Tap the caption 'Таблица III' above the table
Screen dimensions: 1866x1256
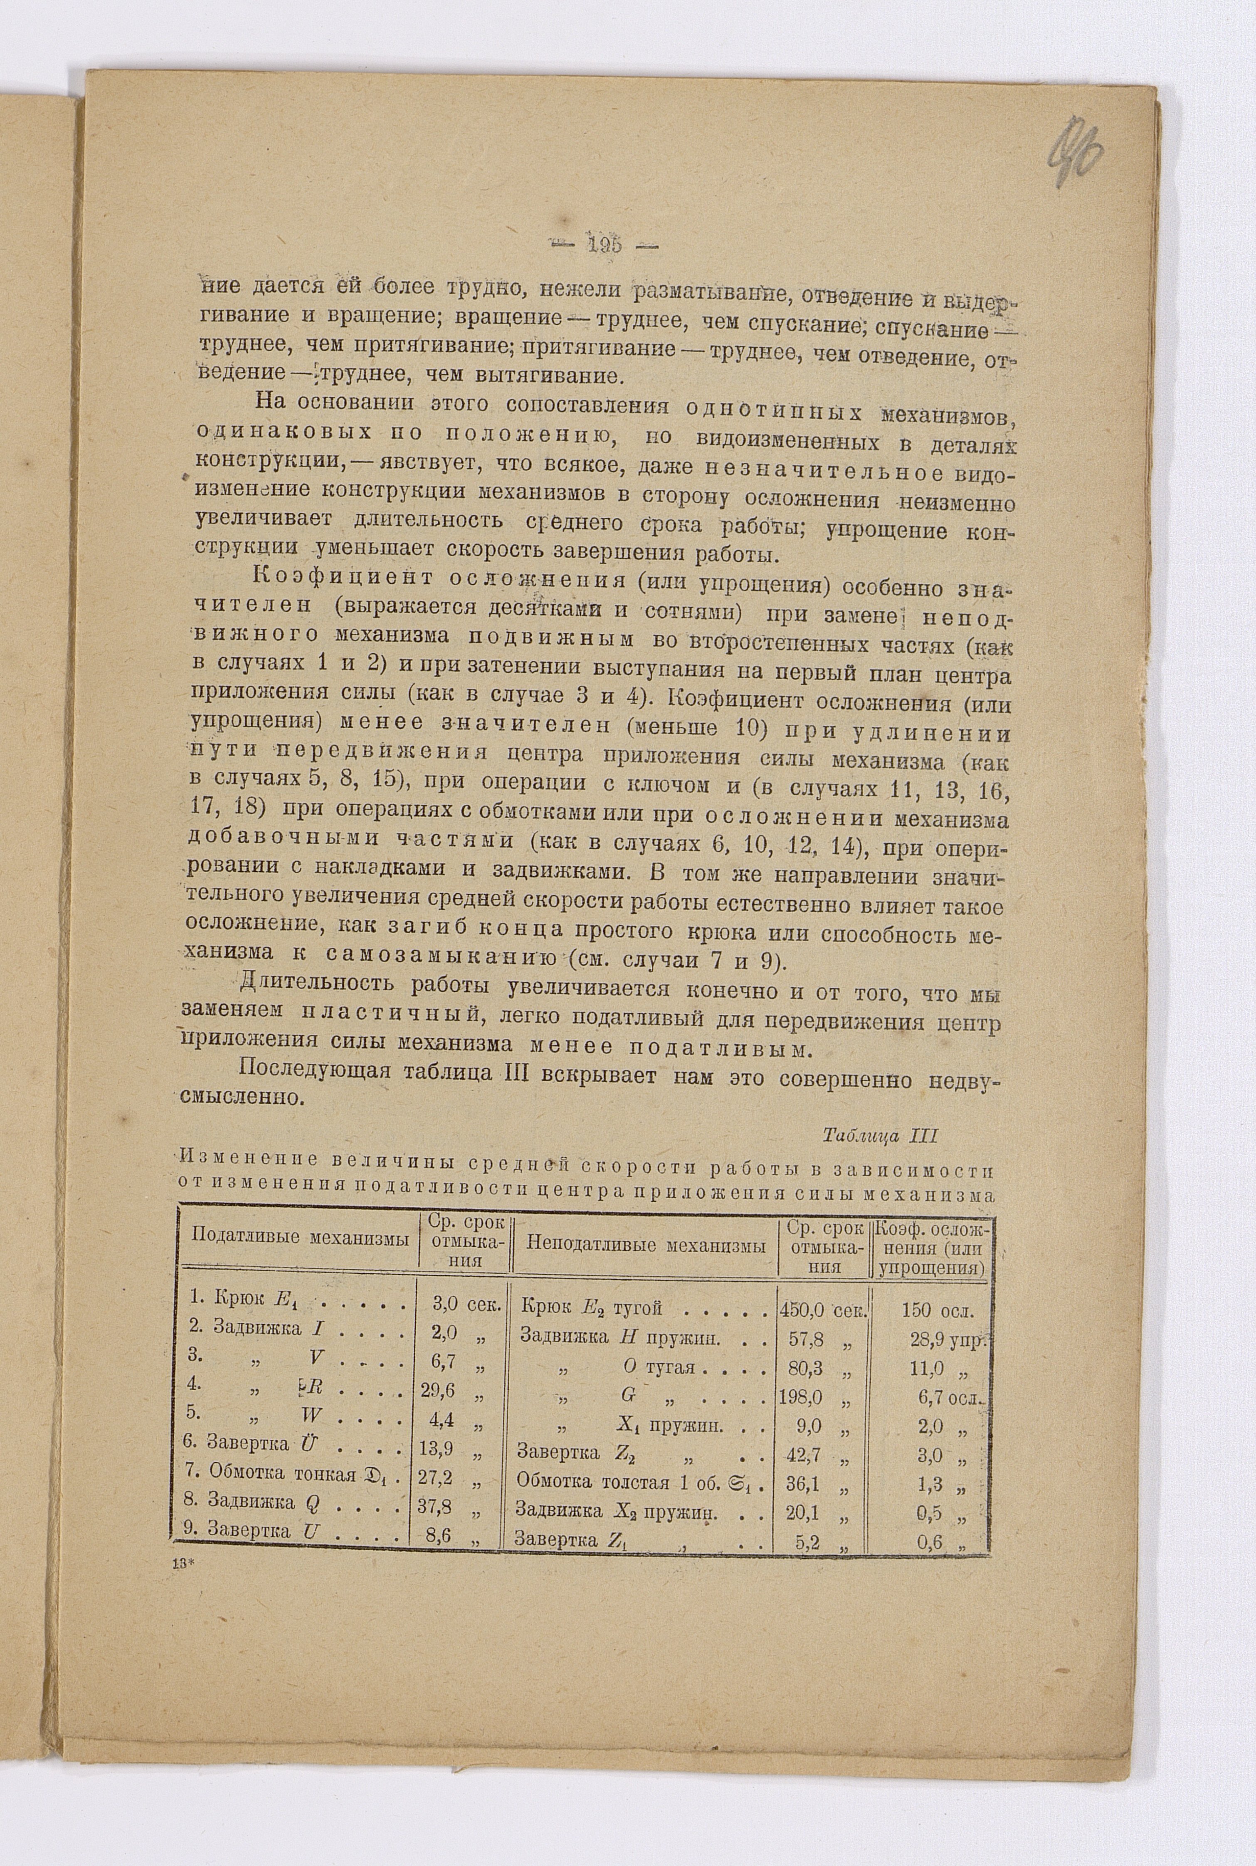(x=879, y=1136)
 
